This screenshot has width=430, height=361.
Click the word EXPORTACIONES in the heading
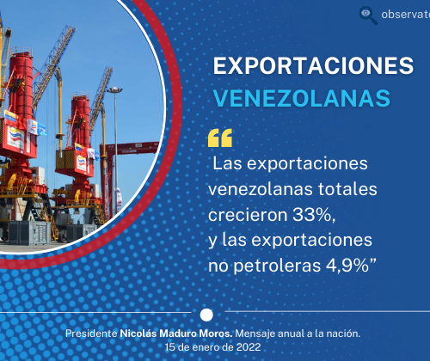point(313,66)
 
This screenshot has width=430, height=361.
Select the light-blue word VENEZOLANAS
point(302,98)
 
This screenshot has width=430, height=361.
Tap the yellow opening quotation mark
point(220,138)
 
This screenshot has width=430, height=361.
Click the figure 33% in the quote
point(314,215)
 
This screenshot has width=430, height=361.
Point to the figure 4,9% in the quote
point(347,266)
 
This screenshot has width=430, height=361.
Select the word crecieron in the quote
point(248,215)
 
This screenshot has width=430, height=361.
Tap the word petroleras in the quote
point(277,266)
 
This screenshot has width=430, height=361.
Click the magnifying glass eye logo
point(368,15)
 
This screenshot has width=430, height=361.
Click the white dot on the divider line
point(206,315)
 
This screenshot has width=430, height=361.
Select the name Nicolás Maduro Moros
point(176,333)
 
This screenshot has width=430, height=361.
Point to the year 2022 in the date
point(249,347)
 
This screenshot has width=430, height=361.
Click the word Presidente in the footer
point(91,333)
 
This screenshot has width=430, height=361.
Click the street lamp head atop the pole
point(114,90)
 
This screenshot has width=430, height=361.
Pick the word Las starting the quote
point(227,164)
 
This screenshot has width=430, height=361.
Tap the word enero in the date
point(200,347)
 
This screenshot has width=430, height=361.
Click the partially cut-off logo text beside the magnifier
point(405,15)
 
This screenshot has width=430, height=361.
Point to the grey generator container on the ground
point(30,232)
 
